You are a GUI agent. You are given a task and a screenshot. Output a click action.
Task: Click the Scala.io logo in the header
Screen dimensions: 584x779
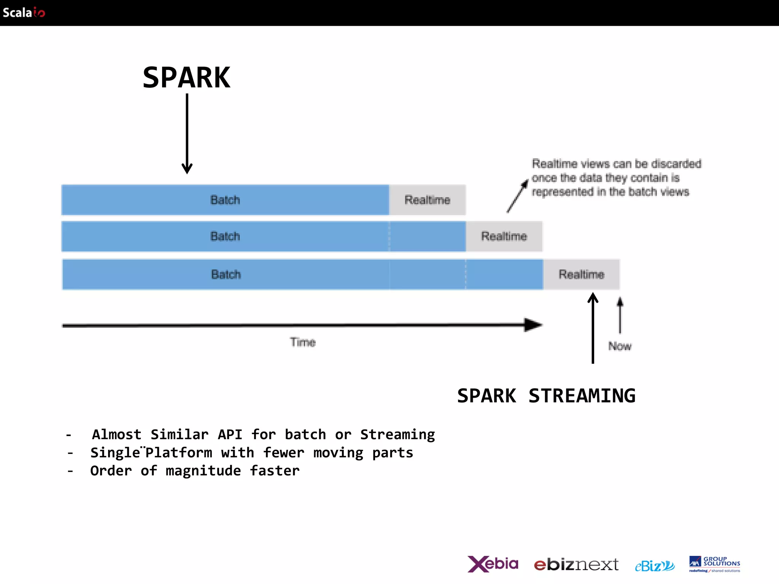click(24, 13)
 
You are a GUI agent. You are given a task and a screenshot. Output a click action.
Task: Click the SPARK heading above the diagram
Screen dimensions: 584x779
click(186, 78)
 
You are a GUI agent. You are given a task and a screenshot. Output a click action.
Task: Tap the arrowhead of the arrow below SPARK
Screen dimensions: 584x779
click(187, 168)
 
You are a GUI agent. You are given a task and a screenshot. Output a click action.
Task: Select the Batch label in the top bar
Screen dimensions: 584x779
click(225, 200)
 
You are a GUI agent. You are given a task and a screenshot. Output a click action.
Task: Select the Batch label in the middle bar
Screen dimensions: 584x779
click(225, 236)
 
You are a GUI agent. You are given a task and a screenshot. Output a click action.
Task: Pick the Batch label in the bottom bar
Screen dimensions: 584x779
click(226, 275)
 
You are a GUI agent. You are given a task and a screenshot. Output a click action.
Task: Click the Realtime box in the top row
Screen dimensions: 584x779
click(427, 200)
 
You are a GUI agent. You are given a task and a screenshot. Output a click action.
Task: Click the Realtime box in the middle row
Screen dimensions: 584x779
click(504, 236)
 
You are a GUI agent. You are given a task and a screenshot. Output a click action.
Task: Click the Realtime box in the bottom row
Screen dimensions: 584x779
click(581, 275)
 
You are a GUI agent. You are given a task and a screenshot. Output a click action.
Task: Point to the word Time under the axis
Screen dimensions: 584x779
click(303, 342)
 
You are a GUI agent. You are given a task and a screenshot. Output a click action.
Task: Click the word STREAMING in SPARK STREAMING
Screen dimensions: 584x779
click(582, 396)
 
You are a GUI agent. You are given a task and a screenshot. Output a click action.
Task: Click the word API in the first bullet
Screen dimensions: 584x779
click(230, 435)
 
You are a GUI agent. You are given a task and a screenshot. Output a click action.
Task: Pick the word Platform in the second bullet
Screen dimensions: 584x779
click(179, 453)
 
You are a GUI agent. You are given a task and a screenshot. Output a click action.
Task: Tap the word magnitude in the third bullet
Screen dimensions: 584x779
click(203, 471)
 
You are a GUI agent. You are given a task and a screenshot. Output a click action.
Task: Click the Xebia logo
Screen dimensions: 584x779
click(493, 564)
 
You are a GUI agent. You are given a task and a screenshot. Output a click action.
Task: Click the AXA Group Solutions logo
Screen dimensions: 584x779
click(714, 564)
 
